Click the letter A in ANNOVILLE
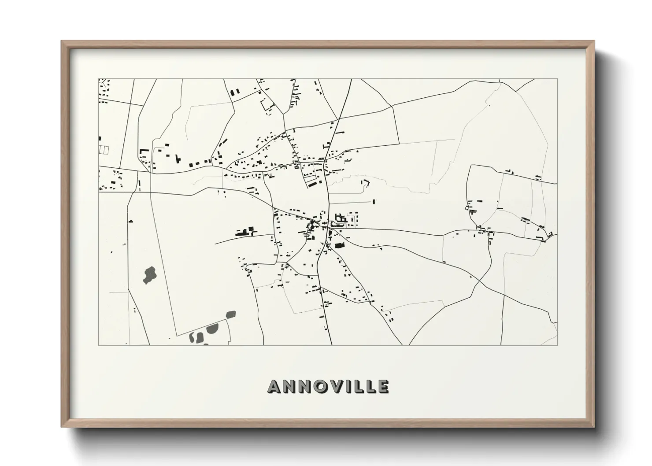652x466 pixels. pos(274,387)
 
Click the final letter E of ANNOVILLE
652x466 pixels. pos(382,387)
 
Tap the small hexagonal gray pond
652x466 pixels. pos(230,314)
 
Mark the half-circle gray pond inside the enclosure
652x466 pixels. pos(214,328)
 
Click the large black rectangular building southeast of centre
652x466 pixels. pos(339,246)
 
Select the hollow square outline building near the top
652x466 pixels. pos(266,104)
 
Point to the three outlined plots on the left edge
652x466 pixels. pos(104,150)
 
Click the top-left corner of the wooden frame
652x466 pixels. pos(62,42)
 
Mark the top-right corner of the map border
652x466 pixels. pos(557,79)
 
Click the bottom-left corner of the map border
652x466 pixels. pos(99,344)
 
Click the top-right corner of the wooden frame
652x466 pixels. pos(593,42)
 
